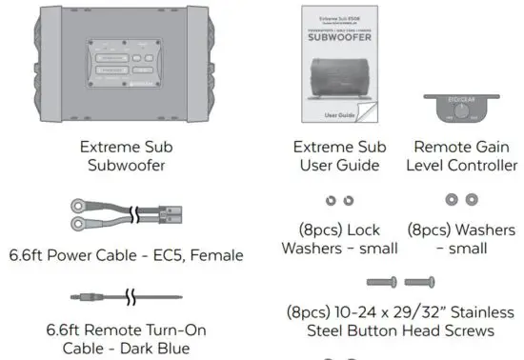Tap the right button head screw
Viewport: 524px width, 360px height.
pos(420,282)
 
